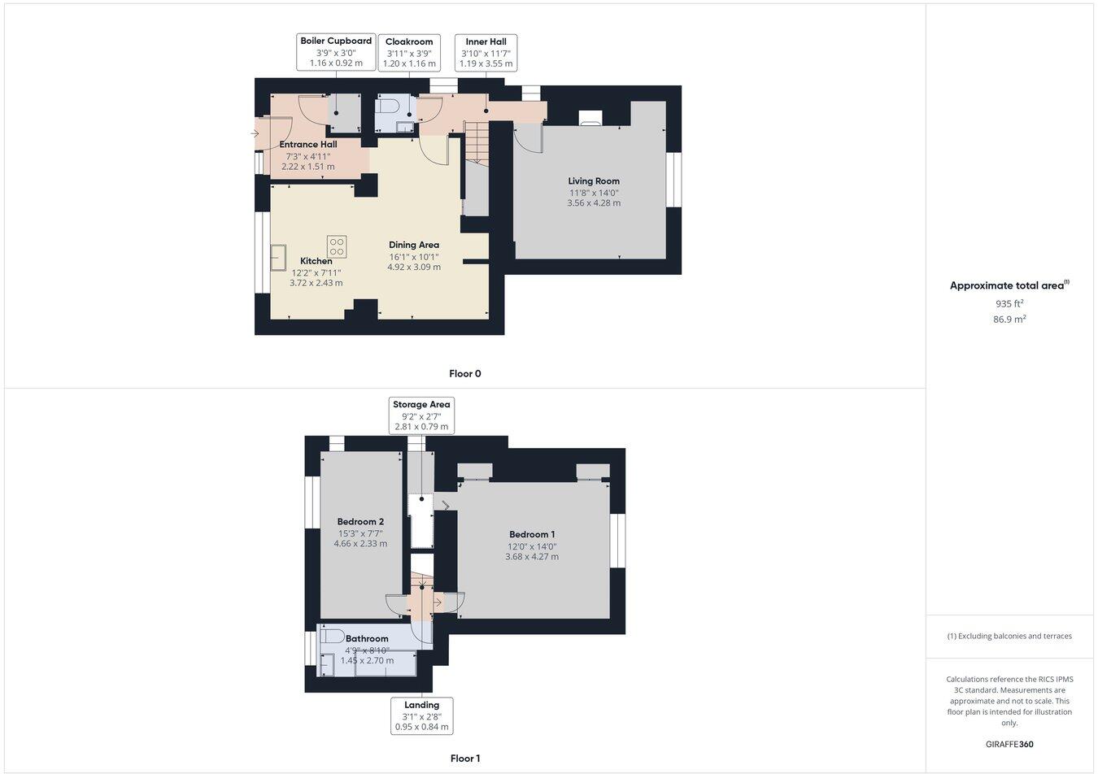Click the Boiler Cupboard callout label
336,51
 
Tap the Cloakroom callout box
409,52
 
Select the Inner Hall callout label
486,52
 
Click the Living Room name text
594,181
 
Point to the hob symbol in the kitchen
337,246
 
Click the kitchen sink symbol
279,258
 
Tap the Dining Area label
414,245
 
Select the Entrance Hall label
308,145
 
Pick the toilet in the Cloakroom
386,106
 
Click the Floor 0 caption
465,374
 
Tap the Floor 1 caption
465,759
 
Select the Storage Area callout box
421,415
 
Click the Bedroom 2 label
360,522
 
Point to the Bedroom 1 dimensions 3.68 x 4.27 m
532,557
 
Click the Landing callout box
421,715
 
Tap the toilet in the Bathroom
332,636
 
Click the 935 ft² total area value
1009,303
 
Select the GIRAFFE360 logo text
1009,744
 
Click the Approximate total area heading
1009,285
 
